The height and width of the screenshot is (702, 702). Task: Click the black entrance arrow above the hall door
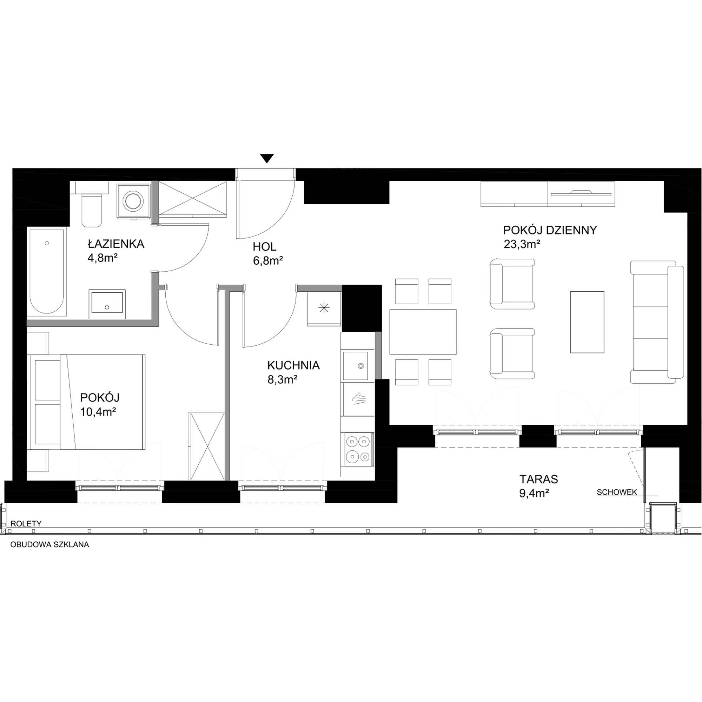(267, 158)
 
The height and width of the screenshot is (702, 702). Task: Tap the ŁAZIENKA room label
(116, 244)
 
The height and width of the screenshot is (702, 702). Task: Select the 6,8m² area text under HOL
(268, 260)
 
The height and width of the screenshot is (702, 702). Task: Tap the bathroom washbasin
(107, 301)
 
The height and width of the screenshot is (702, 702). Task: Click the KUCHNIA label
(293, 365)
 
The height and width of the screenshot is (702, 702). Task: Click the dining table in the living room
(423, 332)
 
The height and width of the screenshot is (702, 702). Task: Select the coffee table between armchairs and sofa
(587, 322)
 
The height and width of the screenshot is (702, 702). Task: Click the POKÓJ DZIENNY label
(550, 230)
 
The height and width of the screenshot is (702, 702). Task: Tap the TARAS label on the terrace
(539, 479)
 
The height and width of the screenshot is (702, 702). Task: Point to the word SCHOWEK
(617, 492)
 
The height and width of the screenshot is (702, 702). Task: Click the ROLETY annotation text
(26, 524)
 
